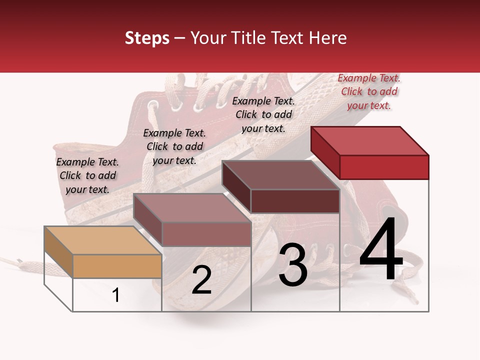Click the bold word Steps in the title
147,38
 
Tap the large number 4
381,250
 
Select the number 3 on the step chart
293,265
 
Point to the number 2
201,280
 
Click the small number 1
115,295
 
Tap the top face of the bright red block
370,140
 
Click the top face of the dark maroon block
280,175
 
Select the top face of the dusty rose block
192,207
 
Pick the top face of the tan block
103,240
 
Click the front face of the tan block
117,266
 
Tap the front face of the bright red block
384,167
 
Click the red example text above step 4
369,91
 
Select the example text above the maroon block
263,114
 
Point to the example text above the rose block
174,146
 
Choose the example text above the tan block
87,175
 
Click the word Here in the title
328,38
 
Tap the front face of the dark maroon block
295,201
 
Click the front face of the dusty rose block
206,234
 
